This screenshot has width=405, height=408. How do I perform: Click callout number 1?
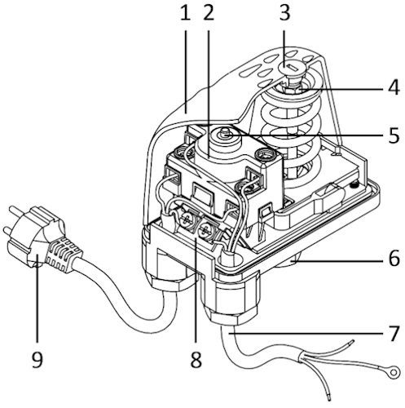[186, 13]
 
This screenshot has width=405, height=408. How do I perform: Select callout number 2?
[209, 13]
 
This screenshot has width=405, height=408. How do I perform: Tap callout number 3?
[284, 13]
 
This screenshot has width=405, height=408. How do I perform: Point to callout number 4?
[394, 87]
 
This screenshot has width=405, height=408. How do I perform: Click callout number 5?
[394, 135]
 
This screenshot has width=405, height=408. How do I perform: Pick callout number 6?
[394, 258]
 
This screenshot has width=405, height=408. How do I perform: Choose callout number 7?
[394, 333]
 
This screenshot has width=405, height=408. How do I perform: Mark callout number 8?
[196, 359]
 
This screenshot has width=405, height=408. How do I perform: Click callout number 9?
[37, 359]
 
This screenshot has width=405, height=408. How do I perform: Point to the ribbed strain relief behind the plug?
[64, 255]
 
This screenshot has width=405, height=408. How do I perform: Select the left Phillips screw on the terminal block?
[187, 219]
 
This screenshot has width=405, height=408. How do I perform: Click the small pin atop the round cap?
[225, 132]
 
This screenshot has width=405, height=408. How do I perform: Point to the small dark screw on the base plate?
[354, 185]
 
